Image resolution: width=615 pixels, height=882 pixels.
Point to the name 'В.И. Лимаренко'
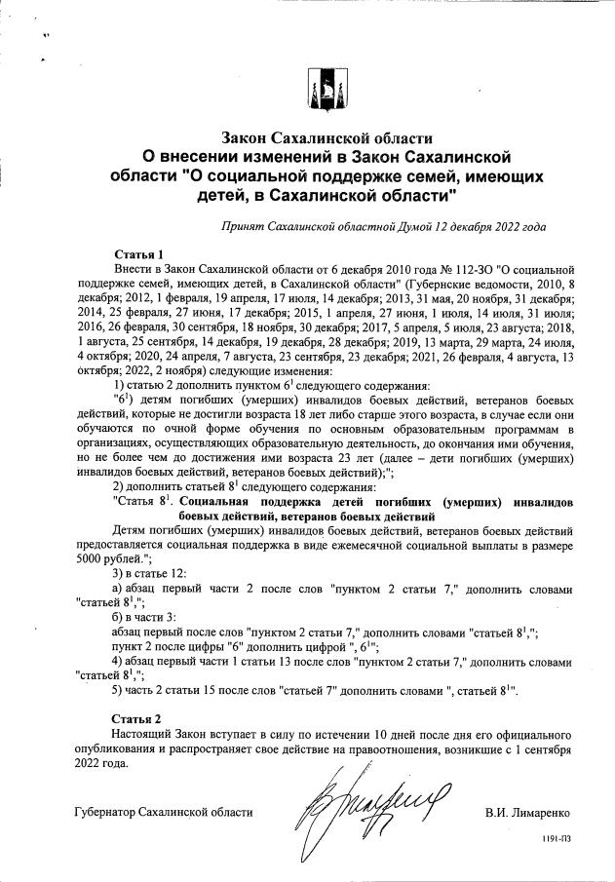pos(526,811)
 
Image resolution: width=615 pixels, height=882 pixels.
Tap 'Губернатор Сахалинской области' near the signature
pos(164,811)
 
